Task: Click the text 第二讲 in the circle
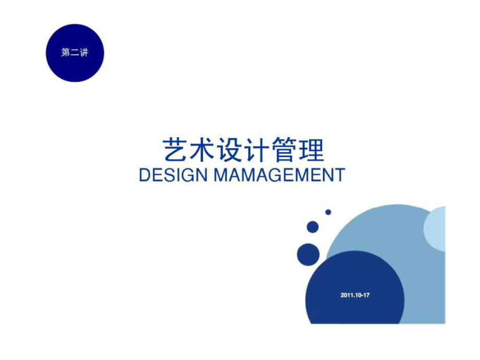[75, 53]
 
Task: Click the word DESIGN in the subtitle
[173, 175]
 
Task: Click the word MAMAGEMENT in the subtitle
[279, 175]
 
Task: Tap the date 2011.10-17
[355, 295]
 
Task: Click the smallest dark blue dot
[328, 212]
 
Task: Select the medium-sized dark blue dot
[313, 227]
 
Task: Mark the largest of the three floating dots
[308, 255]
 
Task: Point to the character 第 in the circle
[66, 53]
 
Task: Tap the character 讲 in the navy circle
[84, 53]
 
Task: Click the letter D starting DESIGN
[145, 175]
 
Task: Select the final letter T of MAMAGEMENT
[340, 175]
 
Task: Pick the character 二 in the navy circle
[75, 53]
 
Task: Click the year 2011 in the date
[346, 295]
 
